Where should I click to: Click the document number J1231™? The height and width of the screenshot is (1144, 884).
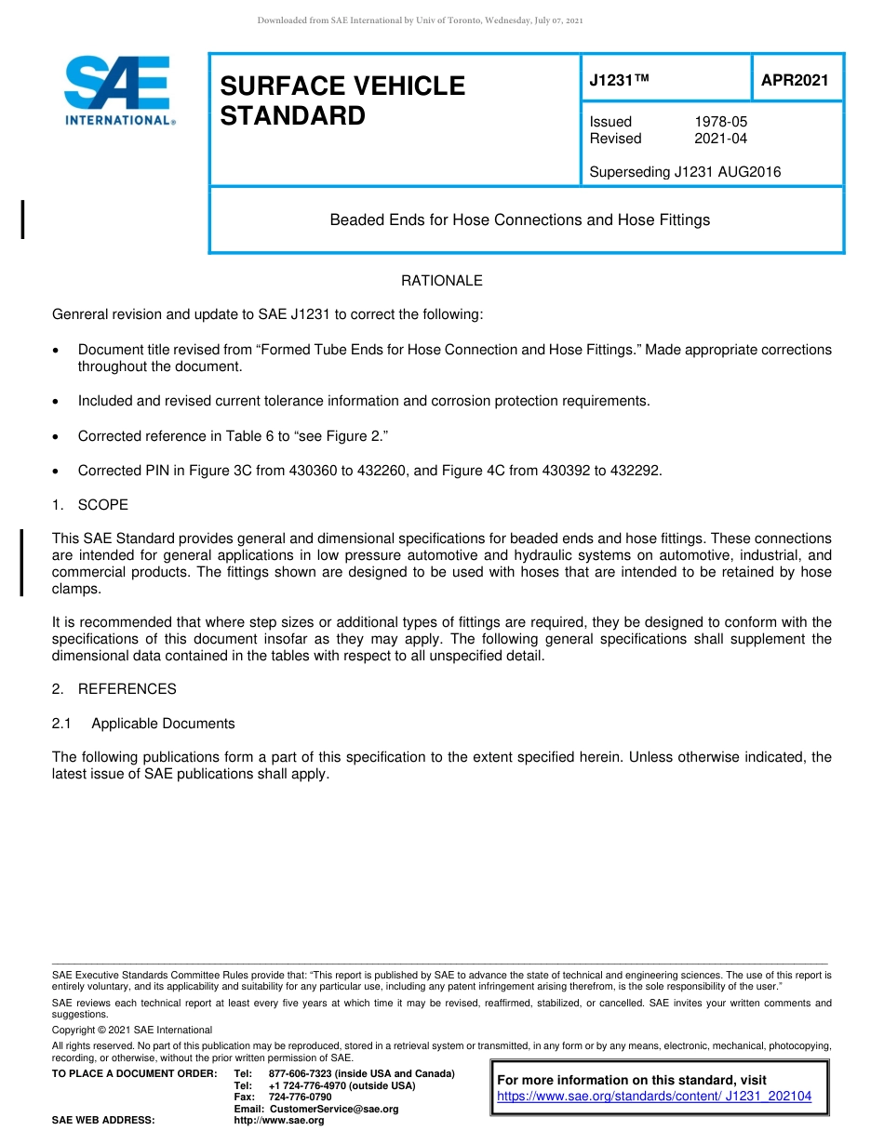(619, 81)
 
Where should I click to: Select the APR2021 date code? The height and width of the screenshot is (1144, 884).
(795, 81)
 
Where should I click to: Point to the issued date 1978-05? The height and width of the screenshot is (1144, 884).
(720, 122)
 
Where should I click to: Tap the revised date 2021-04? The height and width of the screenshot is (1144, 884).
(720, 139)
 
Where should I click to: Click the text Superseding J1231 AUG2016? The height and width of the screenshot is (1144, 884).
(685, 171)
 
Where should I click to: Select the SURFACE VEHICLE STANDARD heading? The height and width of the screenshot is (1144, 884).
(342, 100)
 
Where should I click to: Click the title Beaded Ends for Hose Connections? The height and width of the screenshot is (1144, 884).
(519, 219)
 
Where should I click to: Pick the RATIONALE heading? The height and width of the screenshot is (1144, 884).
(441, 281)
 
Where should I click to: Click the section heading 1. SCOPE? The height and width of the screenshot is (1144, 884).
(90, 505)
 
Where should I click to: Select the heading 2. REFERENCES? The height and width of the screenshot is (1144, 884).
(114, 689)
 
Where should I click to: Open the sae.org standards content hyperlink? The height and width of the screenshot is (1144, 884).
(654, 1097)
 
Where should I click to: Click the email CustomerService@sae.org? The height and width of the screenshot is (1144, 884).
(333, 1109)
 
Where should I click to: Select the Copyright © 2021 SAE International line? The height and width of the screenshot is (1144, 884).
(132, 1030)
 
